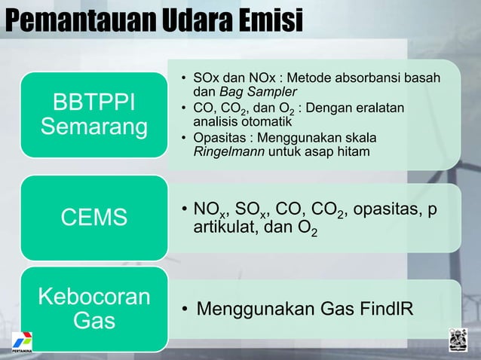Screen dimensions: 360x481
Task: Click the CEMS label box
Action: [x=94, y=218]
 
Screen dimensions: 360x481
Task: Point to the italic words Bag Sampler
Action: [x=244, y=92]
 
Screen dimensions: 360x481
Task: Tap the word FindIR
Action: [x=384, y=308]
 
